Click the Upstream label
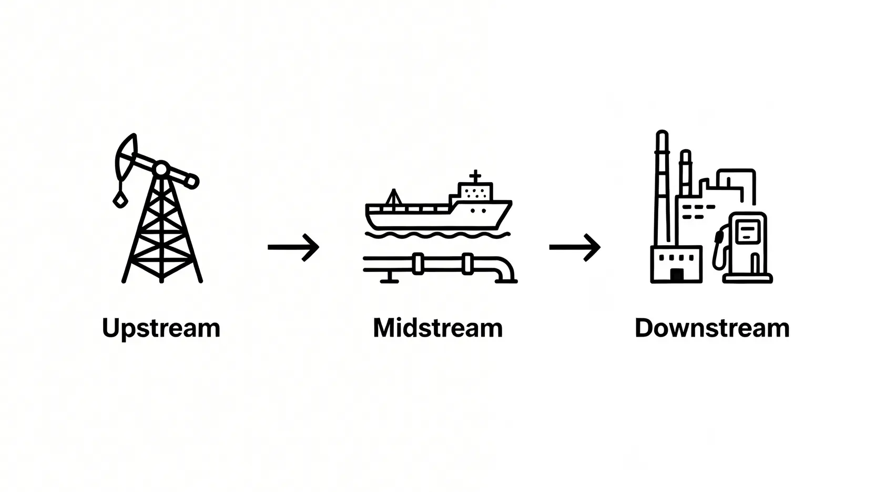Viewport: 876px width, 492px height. click(161, 329)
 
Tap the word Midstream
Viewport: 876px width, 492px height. click(437, 328)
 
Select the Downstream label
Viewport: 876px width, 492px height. click(712, 328)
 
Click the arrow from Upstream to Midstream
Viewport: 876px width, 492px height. click(293, 247)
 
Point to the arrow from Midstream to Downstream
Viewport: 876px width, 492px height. click(575, 247)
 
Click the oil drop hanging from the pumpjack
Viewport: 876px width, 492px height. click(119, 199)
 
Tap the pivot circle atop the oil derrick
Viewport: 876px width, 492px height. click(161, 169)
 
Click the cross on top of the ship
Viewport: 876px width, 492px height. click(475, 176)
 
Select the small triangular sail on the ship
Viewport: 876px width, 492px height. click(393, 197)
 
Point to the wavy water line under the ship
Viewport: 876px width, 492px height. click(437, 235)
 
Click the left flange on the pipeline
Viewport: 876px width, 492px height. click(418, 264)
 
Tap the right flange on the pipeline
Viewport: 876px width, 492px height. click(467, 264)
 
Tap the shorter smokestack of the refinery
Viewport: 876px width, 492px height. click(685, 173)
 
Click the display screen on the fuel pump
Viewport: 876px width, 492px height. click(747, 232)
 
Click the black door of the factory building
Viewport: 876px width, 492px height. click(677, 275)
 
